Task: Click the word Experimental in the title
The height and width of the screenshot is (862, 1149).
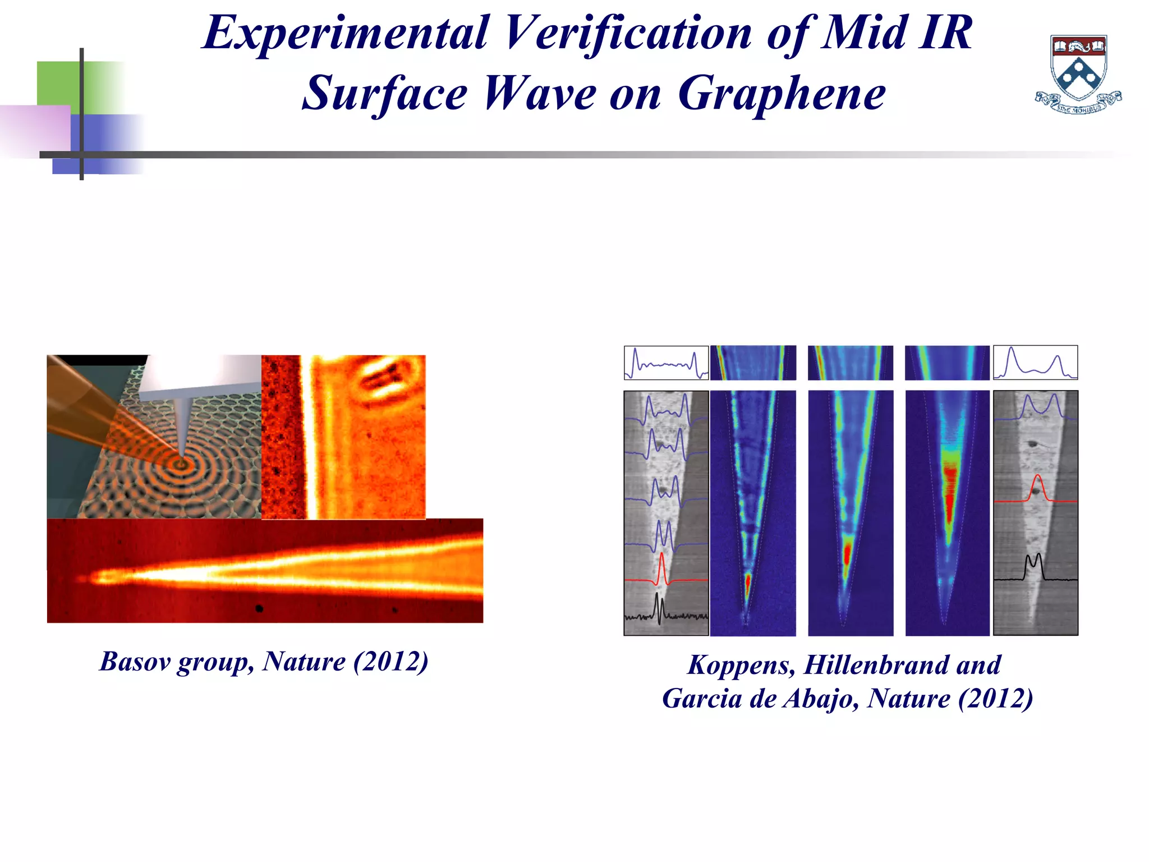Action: point(344,34)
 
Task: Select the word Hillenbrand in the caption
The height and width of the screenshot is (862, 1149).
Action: point(876,665)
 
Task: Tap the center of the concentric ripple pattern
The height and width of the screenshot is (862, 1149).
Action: point(181,464)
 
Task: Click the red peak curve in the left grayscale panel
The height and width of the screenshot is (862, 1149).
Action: point(663,570)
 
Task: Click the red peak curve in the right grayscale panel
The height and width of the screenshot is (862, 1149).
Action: point(1036,488)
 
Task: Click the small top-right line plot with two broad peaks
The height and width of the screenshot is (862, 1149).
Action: point(1035,363)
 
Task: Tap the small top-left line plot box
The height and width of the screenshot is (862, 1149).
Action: point(666,363)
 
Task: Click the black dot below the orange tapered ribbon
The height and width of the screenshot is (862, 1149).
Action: point(259,608)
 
